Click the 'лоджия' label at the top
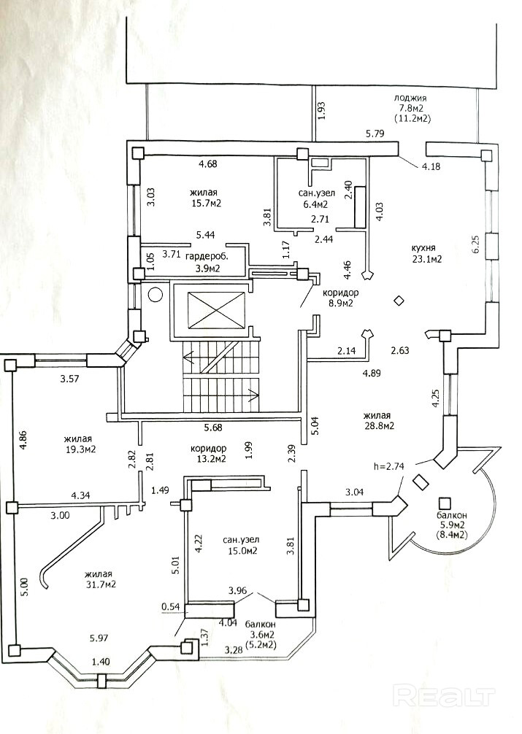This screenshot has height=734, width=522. pos(410,98)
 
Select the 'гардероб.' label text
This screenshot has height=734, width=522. pos(207,258)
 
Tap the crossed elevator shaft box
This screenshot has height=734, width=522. pos(217,309)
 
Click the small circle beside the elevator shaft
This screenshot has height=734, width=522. pos(155,295)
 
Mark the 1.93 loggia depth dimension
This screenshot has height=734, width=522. pos(322,110)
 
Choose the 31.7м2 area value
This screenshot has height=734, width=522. pos(101,584)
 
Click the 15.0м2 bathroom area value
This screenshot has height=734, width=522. pos(240,551)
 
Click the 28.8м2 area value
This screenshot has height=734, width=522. pos(380,425)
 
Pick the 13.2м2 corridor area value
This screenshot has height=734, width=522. pos(211,459)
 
